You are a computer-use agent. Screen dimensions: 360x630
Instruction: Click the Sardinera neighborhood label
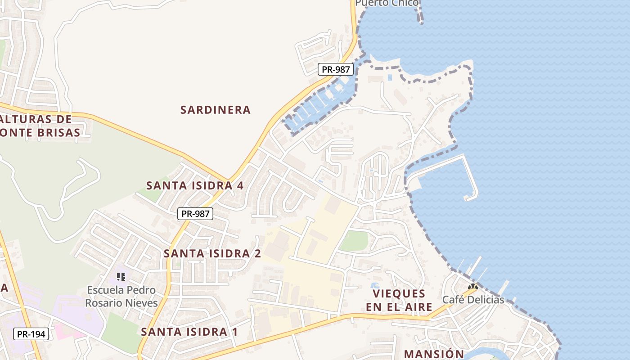215,110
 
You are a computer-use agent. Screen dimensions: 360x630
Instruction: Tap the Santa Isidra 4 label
195,185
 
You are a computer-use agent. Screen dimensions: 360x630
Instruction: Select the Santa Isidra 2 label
212,253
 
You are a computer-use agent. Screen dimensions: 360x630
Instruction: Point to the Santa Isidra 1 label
189,332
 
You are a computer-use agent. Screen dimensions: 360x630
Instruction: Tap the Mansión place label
433,354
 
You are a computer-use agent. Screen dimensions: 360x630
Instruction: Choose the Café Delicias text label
473,300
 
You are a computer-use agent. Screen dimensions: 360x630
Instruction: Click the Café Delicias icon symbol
472,287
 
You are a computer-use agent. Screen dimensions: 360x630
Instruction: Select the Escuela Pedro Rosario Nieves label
121,296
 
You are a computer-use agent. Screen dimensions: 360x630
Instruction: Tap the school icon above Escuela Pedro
121,276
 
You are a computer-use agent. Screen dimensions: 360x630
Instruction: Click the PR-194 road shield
31,334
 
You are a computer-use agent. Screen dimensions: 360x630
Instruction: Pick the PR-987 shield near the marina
336,69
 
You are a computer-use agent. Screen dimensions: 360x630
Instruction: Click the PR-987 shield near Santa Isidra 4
195,214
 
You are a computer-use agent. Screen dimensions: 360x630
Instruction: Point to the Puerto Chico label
387,3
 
